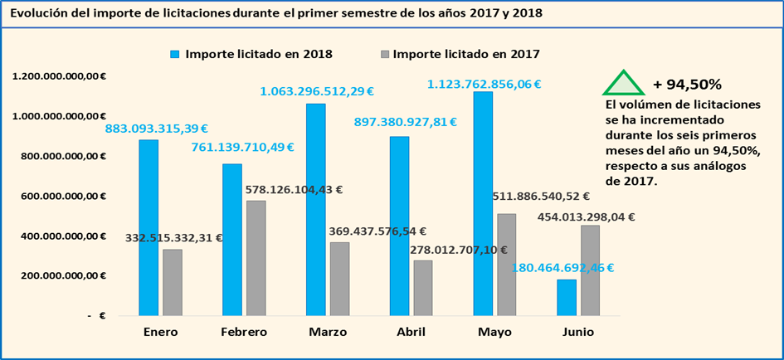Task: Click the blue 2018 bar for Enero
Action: (x=149, y=227)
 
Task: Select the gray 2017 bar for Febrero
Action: (x=256, y=258)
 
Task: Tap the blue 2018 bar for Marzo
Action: (x=315, y=209)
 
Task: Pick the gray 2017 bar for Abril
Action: (x=423, y=288)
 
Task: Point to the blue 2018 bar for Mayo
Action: (x=483, y=203)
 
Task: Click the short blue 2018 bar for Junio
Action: (x=567, y=297)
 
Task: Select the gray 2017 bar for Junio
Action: (x=590, y=270)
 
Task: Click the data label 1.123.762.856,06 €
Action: (x=484, y=84)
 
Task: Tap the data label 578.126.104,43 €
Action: (x=295, y=189)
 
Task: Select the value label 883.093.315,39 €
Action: (x=156, y=129)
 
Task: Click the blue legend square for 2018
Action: (x=175, y=55)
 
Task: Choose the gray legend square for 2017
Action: (x=384, y=55)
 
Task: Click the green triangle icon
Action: (x=622, y=82)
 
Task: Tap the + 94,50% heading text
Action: (x=687, y=84)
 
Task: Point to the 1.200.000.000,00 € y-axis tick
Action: (x=59, y=76)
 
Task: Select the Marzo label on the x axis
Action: (x=327, y=332)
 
